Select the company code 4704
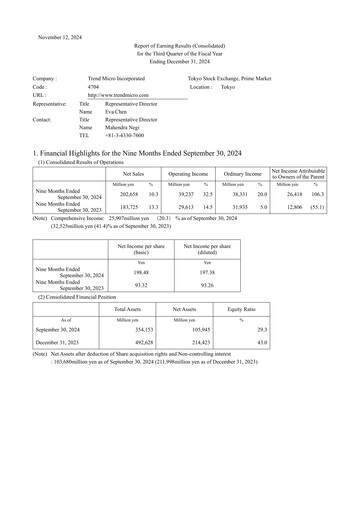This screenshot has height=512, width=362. coord(93,87)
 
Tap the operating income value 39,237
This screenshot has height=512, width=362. coord(182,194)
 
